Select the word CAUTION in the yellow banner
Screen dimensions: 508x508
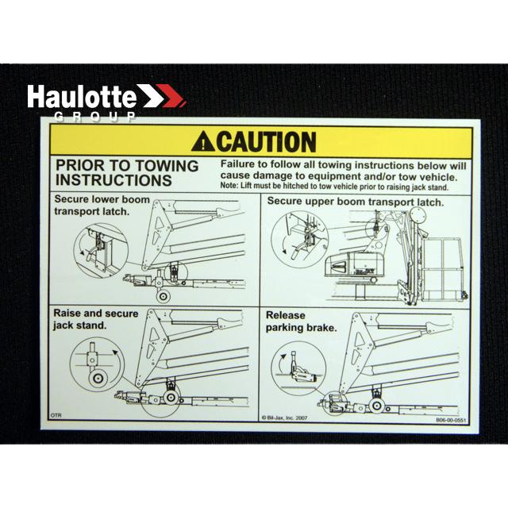(x=266, y=142)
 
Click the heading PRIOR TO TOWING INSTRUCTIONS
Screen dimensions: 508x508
(x=126, y=173)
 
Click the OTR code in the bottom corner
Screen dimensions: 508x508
(x=56, y=415)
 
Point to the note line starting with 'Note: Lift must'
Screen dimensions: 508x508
(x=333, y=187)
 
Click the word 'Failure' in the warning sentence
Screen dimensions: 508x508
(x=239, y=164)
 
